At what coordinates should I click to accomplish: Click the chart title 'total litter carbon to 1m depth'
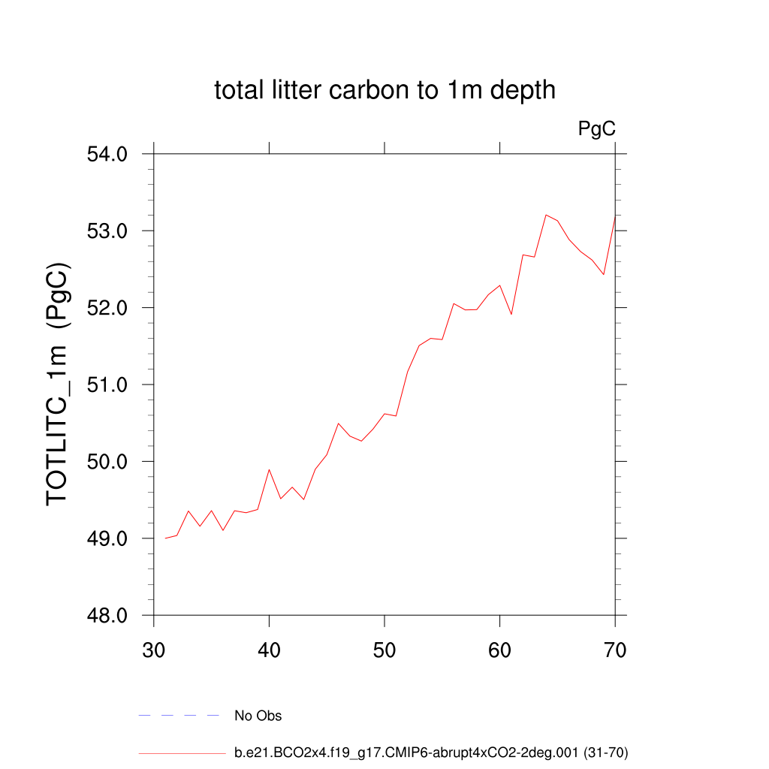tap(384, 90)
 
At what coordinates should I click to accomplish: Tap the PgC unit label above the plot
tap(597, 129)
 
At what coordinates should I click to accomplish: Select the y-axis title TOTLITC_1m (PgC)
tap(59, 384)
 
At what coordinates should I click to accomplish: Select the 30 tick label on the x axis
tap(154, 650)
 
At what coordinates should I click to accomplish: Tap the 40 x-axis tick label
tap(269, 650)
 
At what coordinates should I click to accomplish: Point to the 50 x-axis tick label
tap(384, 650)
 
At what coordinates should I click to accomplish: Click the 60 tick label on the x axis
tap(499, 650)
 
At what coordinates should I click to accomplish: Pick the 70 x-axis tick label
tap(615, 650)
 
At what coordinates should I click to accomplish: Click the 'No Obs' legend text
tap(258, 716)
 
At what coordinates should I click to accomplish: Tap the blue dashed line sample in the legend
tap(179, 716)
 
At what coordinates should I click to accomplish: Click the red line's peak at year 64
tap(546, 215)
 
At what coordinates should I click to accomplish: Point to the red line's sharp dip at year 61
tap(511, 314)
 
